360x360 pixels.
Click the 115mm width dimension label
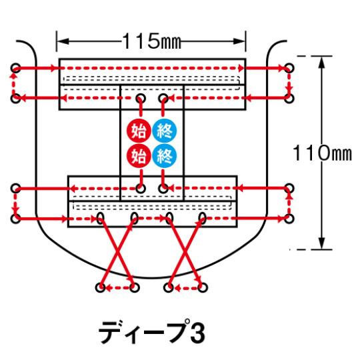[x=151, y=41]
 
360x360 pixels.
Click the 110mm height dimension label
[x=322, y=153]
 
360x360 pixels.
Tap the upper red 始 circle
[x=139, y=131]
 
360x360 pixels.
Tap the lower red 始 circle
[x=139, y=156]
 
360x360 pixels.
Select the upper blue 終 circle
[x=165, y=131]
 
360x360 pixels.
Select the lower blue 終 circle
[x=165, y=156]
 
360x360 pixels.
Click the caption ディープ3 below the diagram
[x=151, y=332]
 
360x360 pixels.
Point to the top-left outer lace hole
[x=15, y=68]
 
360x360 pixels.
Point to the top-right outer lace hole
[x=289, y=68]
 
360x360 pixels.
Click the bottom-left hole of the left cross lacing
[x=100, y=287]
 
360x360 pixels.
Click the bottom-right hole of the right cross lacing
[x=203, y=287]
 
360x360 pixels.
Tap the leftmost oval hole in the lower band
[x=100, y=218]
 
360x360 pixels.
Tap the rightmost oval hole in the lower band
[x=203, y=218]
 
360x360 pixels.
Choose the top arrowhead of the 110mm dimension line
[x=322, y=62]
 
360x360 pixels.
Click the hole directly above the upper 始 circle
[x=141, y=99]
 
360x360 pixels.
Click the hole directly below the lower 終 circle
[x=163, y=189]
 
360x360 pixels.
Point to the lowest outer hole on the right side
[x=289, y=218]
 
